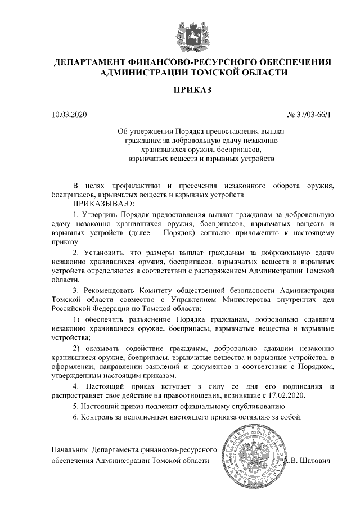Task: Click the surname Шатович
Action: point(316,460)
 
